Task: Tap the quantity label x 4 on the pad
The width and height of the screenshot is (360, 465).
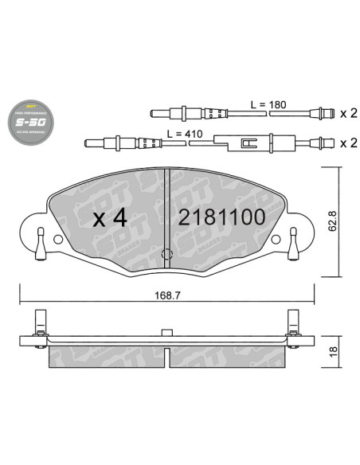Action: click(110, 217)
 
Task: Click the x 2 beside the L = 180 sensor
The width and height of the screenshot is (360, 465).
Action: click(347, 114)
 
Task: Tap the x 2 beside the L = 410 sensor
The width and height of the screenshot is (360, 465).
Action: click(347, 143)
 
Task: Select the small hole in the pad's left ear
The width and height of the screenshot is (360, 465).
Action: click(57, 238)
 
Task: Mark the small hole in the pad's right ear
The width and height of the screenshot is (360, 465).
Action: click(276, 238)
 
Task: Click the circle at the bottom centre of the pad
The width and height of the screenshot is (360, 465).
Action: click(166, 256)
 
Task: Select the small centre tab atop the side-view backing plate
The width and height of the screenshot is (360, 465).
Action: click(166, 332)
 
